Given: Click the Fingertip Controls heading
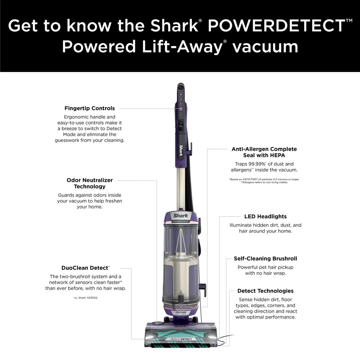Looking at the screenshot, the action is click(x=90, y=108).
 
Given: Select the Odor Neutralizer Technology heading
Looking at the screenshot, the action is click(x=90, y=183).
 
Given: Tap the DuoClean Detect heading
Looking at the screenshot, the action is click(x=85, y=268).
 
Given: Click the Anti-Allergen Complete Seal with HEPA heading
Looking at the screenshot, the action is click(x=264, y=152).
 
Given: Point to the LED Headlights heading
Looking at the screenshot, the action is click(x=265, y=216).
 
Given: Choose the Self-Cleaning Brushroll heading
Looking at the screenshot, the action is click(x=265, y=258).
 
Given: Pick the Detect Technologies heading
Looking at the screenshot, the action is click(x=265, y=291).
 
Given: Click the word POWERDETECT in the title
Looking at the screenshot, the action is click(x=276, y=26).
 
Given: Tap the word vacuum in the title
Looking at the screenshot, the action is click(x=265, y=47).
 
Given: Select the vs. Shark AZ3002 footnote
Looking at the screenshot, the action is click(x=85, y=298).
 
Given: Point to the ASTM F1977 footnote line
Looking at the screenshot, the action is click(x=264, y=179).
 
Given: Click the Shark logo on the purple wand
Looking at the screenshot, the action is click(x=181, y=150).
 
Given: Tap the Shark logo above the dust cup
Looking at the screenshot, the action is click(x=181, y=216).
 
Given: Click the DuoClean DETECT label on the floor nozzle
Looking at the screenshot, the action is click(x=181, y=339).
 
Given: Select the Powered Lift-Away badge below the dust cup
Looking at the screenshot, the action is click(x=181, y=313).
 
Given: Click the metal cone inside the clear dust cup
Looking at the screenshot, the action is click(x=181, y=240).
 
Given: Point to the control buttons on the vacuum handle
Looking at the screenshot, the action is click(x=181, y=102).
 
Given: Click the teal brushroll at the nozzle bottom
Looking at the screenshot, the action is click(x=180, y=345).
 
